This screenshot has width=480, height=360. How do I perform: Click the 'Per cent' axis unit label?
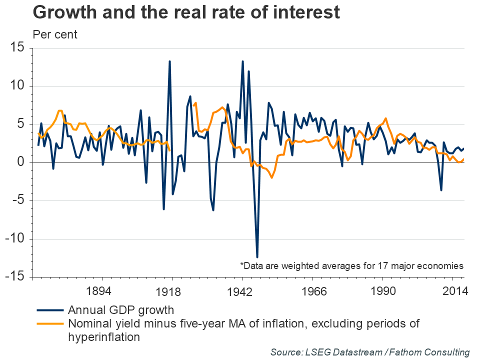coord(55,35)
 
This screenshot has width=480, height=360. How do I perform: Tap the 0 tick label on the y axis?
coord(21,162)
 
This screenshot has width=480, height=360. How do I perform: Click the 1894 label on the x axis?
coord(102,291)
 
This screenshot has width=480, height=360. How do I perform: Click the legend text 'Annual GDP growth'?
coord(121,309)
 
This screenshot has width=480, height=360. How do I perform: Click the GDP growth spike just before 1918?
coord(169,61)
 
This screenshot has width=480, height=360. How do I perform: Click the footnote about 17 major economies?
coord(352,265)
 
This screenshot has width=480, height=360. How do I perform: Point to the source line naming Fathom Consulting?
coord(370,352)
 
